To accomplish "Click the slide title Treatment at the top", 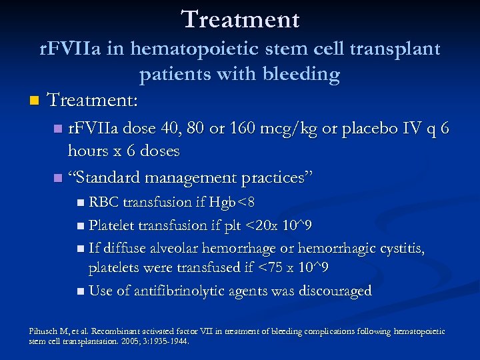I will coord(240,19).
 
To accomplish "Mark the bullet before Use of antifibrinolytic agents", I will coord(80,292).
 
